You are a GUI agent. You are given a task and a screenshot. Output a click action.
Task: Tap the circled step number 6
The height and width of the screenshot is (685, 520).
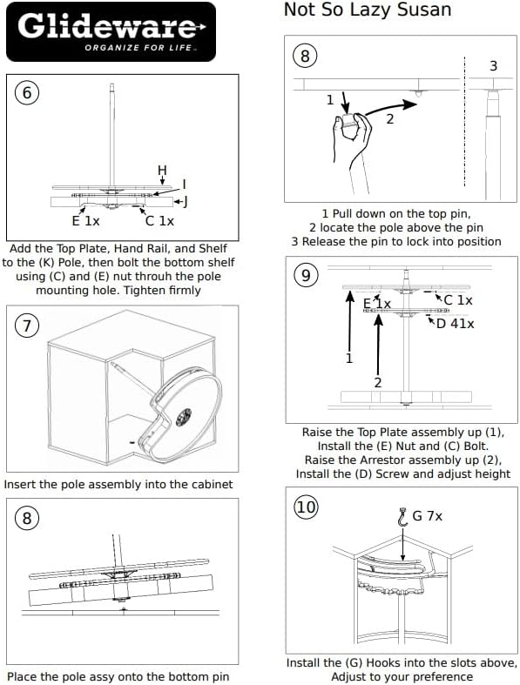pos(27,92)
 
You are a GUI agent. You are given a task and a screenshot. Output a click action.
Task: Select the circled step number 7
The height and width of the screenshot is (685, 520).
pos(27,325)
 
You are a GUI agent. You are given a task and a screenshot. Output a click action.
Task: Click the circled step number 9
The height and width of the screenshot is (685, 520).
pos(305,275)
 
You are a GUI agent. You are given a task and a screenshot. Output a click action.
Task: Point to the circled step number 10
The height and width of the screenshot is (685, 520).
pos(306,507)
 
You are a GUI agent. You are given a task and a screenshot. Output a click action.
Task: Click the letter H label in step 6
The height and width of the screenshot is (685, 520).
pos(162,170)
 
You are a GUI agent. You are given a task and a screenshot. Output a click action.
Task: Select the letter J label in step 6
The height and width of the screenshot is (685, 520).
pos(186,202)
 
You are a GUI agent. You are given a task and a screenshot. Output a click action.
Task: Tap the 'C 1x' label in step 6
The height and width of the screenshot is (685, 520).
pos(159,221)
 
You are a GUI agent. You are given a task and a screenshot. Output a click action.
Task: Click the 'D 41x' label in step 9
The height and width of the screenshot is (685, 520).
pos(455,324)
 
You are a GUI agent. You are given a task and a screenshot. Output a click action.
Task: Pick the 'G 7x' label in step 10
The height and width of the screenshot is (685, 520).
pos(428,516)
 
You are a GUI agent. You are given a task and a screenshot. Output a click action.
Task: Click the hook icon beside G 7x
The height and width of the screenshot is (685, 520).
pos(402,517)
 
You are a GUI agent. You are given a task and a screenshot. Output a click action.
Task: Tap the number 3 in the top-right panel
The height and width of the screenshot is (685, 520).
pos(493,66)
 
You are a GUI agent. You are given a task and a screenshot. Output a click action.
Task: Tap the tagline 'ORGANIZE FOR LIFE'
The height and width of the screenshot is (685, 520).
pos(138,48)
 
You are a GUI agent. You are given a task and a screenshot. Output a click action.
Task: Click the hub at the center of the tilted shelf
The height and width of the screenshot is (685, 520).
pos(184,417)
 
